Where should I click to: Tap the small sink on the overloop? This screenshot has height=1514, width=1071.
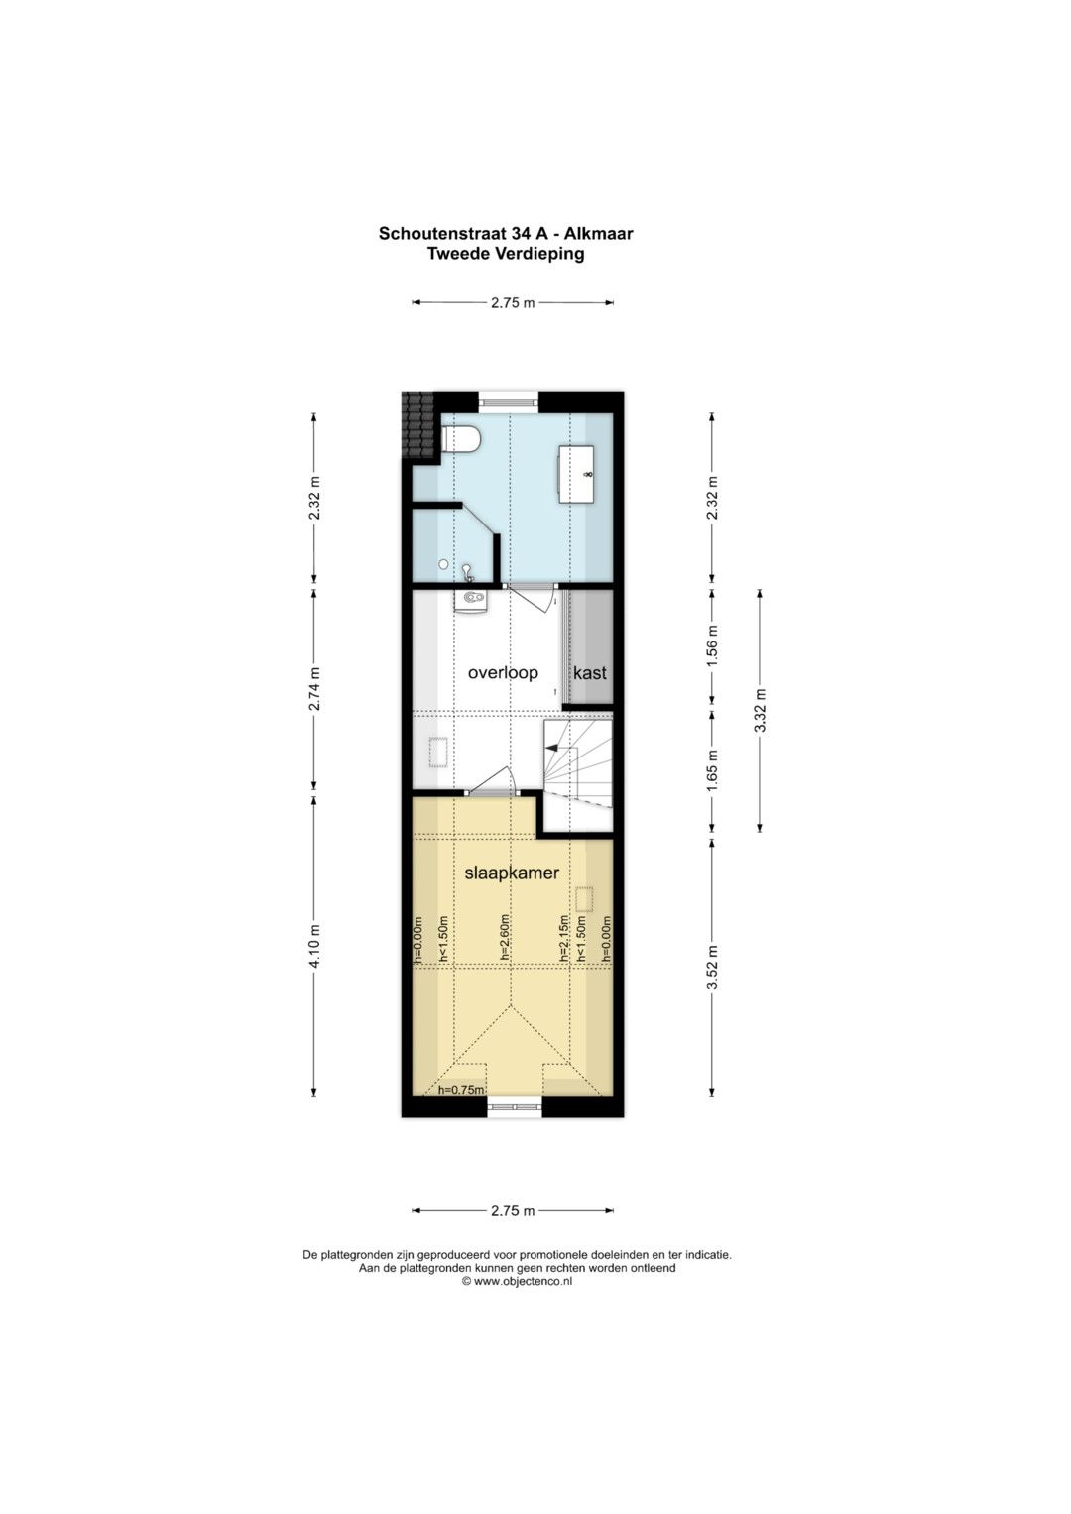coord(470,600)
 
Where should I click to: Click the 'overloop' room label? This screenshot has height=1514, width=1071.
coord(503,673)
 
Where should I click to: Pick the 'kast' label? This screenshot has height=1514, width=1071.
coord(590,673)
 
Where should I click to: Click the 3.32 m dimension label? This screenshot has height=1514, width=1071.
coord(761,710)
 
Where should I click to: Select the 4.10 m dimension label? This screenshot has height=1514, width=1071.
coord(314,946)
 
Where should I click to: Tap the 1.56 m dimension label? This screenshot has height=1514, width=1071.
coord(712,644)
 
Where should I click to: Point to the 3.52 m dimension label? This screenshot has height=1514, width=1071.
coord(712,968)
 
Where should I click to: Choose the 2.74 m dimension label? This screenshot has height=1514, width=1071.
coord(314,689)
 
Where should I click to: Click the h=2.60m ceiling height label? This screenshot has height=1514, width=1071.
coord(505,938)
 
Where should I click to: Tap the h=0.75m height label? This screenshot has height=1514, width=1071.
coord(462,1090)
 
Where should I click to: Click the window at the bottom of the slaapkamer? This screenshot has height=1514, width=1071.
coord(515,1106)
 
